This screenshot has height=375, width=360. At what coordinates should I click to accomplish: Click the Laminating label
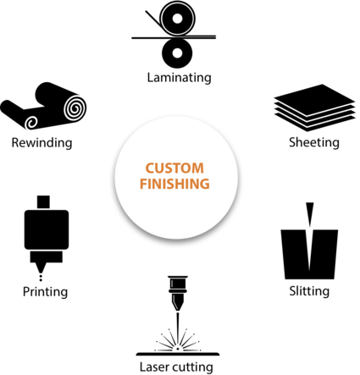coord(179,77)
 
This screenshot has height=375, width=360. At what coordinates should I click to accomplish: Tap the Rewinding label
coord(42,142)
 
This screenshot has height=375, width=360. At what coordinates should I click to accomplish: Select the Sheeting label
coord(314,142)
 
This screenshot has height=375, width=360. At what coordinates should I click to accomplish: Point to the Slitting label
coord(309,291)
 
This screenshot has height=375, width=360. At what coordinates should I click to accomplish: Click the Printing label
coord(45,292)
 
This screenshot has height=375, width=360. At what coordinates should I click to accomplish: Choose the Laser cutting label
coord(176,367)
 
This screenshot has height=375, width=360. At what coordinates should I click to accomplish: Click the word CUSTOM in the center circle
coord(174,168)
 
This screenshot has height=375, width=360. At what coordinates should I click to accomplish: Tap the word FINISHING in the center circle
coord(174,184)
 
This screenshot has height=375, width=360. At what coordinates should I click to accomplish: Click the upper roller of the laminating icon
coord(177,19)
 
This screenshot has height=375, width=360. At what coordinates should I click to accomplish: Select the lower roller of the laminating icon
coord(177,52)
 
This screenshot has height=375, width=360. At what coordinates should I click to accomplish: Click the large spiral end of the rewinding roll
coord(75,108)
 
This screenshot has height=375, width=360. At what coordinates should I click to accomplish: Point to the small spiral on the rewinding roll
coord(31,123)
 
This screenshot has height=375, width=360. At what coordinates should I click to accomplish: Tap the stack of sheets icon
coord(314,108)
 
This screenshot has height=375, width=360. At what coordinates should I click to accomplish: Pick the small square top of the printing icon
coord(43,202)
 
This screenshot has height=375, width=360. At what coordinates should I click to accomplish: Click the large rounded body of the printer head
coord(47,229)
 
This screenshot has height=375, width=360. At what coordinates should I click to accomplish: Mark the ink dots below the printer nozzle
coord(41,278)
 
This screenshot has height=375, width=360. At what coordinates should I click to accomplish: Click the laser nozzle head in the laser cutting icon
coord(178,294)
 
